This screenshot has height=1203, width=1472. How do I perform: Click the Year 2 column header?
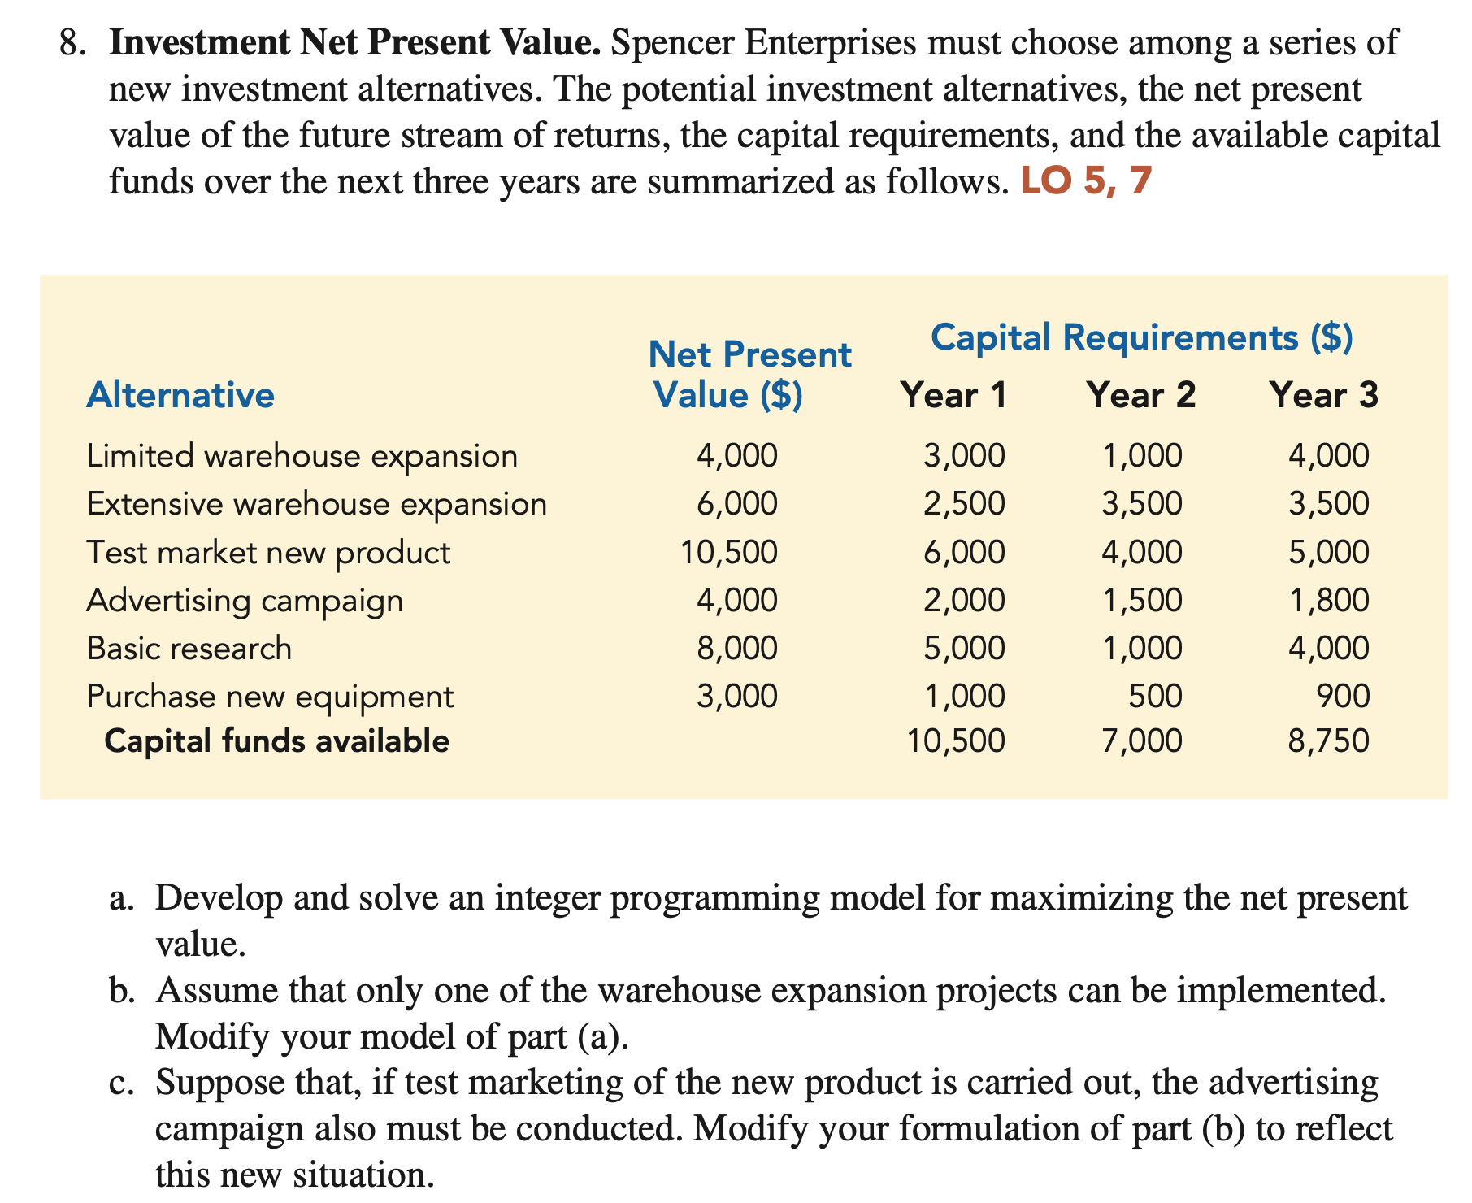1140,396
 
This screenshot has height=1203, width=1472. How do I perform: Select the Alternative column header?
180,396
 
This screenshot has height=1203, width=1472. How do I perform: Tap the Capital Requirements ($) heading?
1141,337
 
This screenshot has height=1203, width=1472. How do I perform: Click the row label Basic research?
189,649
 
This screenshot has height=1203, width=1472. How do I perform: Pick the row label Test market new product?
268,553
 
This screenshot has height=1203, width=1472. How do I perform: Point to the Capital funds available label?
276,741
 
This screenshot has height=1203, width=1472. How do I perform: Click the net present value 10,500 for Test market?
728,553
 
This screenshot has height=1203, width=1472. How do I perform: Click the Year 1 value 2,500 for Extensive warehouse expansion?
964,504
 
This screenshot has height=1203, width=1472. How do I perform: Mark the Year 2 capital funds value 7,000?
1141,741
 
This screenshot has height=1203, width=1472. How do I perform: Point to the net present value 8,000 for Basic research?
737,649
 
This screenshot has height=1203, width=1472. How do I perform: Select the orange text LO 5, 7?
1086,181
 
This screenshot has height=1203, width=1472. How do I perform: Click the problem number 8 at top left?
72,43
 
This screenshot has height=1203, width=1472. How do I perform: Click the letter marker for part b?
122,991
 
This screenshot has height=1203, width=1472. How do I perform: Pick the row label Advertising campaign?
245,601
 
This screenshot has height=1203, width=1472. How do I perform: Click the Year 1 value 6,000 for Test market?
964,553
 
